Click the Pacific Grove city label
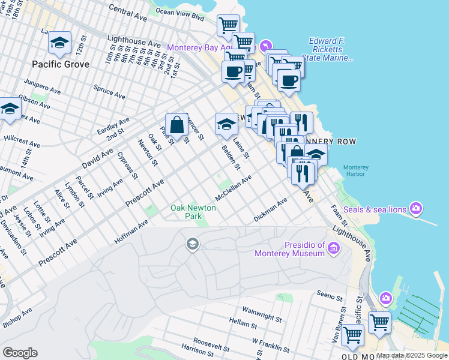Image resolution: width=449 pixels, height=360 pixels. (x=61, y=64)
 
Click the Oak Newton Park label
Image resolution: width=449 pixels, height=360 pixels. (x=193, y=211)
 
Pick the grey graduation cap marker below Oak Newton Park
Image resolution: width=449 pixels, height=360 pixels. (x=192, y=243)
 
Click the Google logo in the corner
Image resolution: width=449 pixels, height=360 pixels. (x=20, y=353)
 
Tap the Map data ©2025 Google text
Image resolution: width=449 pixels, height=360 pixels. (x=412, y=356)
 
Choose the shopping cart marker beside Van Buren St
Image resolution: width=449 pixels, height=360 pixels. (x=352, y=334)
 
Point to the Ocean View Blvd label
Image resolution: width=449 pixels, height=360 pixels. (x=180, y=11)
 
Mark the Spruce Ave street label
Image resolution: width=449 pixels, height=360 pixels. (x=109, y=90)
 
